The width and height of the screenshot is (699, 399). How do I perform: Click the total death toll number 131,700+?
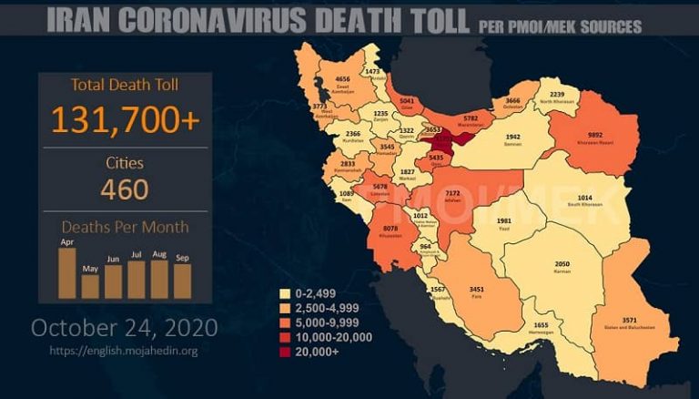pos(125,119)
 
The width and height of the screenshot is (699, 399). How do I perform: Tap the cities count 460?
pos(125,189)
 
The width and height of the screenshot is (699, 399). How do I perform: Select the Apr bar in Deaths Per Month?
pos(66,273)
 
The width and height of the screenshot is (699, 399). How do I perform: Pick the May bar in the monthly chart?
pos(90,286)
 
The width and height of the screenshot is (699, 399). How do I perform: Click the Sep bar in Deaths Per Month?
pos(182,281)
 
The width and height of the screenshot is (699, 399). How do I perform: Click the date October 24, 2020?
pos(125,326)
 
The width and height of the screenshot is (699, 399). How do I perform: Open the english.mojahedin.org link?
pos(125,350)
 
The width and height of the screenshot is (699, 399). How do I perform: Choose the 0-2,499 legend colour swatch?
pos(284,294)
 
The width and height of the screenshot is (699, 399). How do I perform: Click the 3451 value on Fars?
pos(477,290)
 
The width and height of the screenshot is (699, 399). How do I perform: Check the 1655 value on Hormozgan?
pos(542,324)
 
